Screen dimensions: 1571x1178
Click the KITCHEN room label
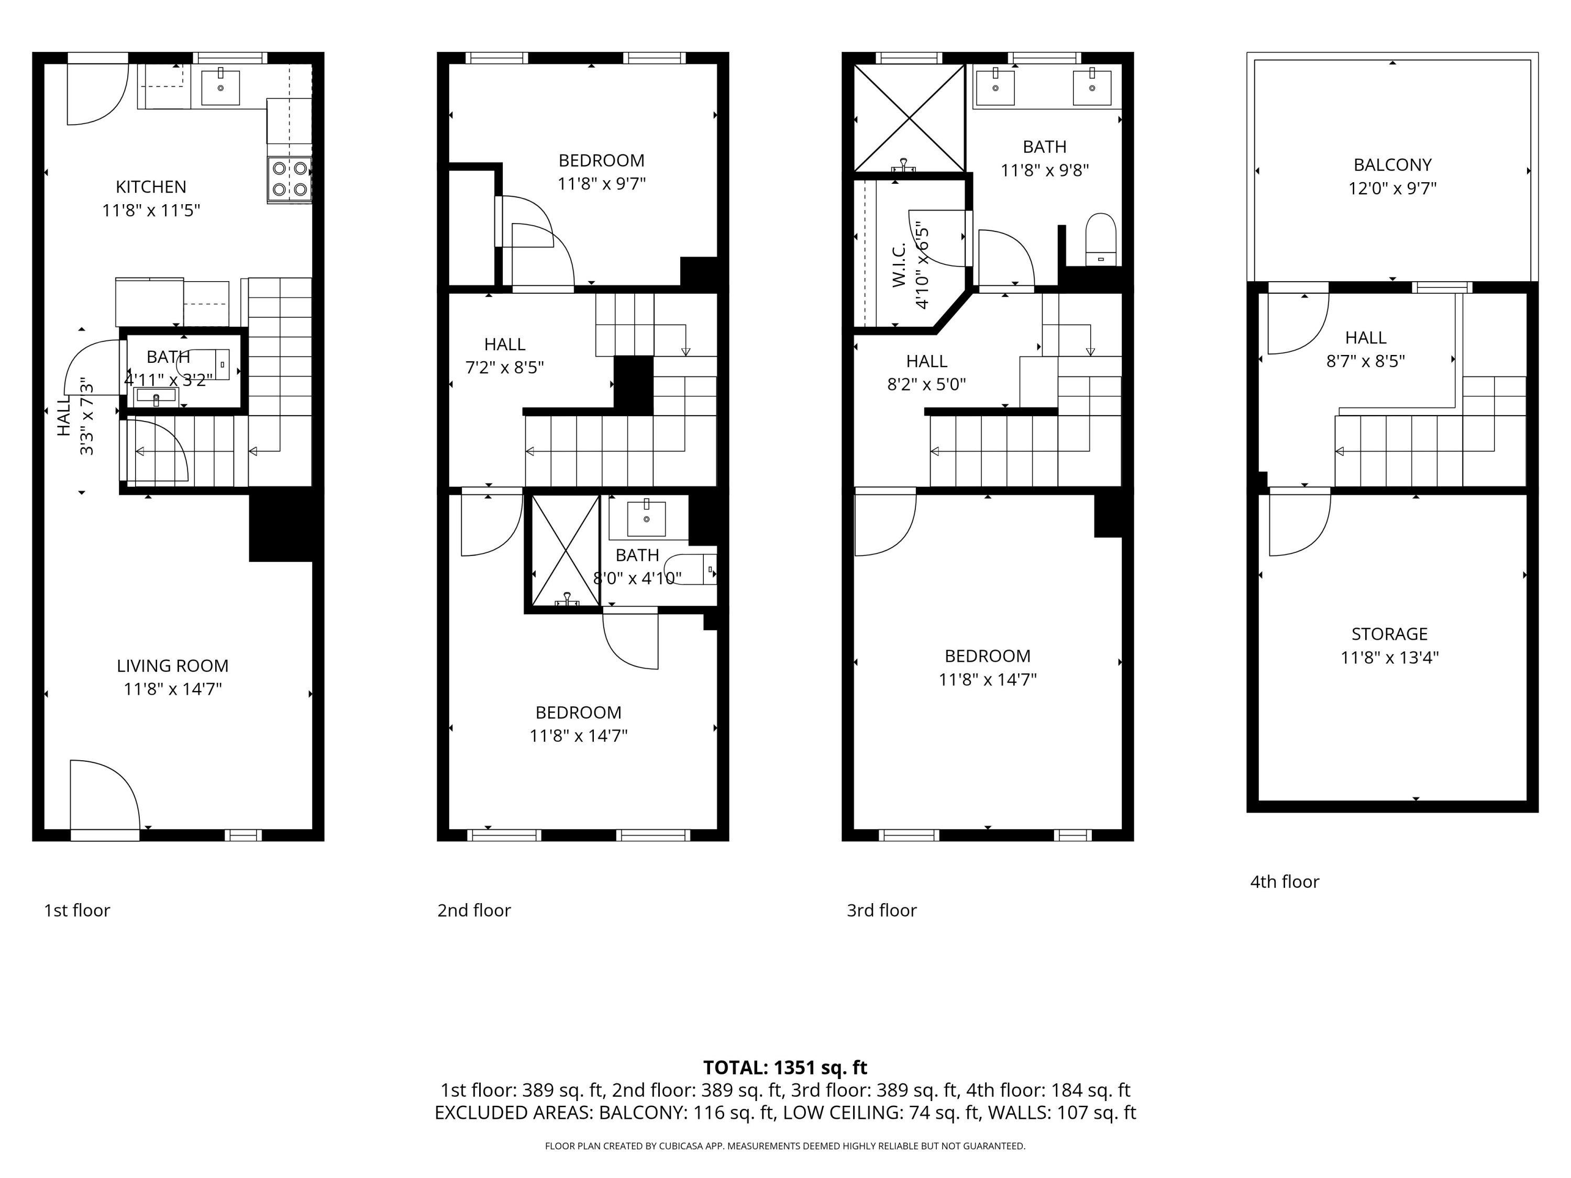151,187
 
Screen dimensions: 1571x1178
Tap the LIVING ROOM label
173,666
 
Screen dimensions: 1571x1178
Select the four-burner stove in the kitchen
290,179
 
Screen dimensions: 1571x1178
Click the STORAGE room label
1389,634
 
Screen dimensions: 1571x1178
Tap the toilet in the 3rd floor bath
1101,239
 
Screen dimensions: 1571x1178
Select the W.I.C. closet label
899,265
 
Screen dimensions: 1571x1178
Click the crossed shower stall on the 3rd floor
909,117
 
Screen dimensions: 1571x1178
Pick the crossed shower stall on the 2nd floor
566,551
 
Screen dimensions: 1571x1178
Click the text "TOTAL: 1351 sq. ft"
785,1067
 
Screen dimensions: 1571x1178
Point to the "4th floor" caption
1284,882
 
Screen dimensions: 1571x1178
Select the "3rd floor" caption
881,910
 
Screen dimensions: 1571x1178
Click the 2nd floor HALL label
505,344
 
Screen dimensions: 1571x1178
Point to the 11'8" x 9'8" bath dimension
1045,170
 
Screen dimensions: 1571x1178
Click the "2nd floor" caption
474,910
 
